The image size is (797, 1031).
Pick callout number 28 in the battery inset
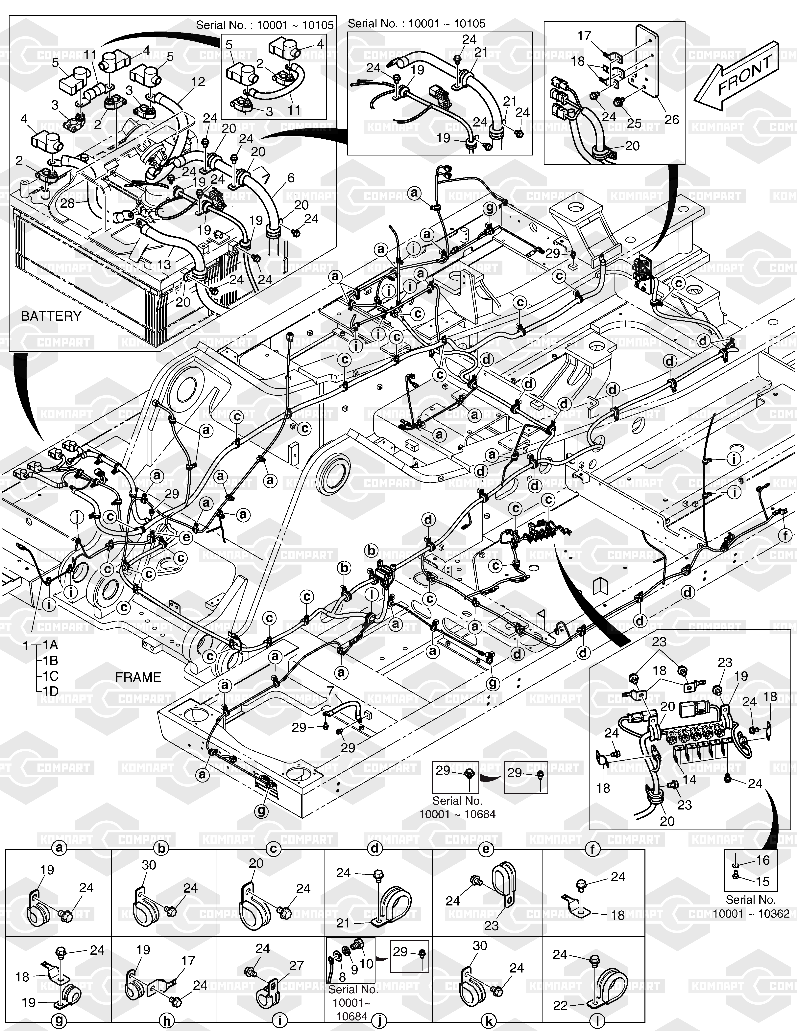[67, 203]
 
